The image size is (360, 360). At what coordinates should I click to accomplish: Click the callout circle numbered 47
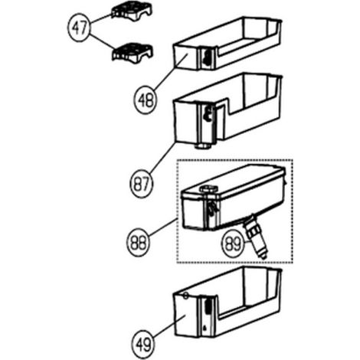[79, 28]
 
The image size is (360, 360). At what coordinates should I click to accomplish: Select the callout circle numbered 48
[145, 100]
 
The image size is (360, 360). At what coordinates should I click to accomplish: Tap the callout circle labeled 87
[141, 184]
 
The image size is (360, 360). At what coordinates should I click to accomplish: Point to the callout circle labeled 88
[138, 242]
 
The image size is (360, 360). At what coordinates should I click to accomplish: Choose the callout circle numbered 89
[233, 244]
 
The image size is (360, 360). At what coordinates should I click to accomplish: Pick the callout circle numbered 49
[144, 344]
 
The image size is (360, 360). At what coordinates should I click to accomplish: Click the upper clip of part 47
[132, 13]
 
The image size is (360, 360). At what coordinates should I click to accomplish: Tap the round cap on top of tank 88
[209, 189]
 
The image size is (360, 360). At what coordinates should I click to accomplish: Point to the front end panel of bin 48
[185, 57]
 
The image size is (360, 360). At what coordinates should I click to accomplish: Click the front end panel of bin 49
[185, 314]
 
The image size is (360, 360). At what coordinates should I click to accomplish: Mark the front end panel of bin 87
[186, 121]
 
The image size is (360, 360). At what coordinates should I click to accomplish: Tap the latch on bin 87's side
[208, 113]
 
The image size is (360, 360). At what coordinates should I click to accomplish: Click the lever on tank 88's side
[212, 208]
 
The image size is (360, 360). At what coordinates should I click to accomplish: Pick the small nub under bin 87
[203, 146]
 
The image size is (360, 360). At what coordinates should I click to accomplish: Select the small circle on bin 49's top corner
[185, 296]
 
